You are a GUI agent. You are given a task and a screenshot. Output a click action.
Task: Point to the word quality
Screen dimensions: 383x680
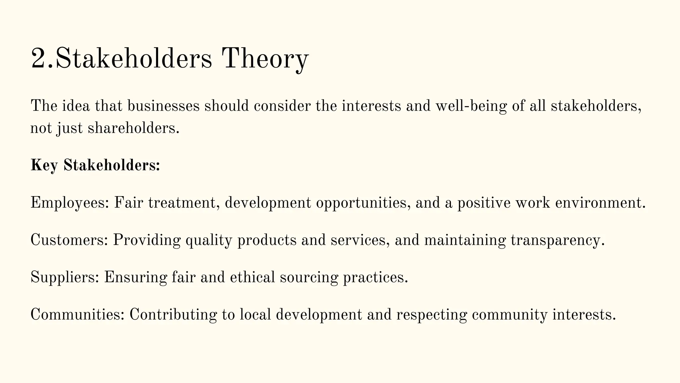point(209,240)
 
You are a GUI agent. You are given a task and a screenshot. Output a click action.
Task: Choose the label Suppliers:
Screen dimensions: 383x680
point(65,277)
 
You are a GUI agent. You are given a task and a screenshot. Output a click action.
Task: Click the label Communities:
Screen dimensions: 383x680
point(77,315)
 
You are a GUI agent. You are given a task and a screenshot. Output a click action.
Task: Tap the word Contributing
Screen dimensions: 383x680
point(173,315)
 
